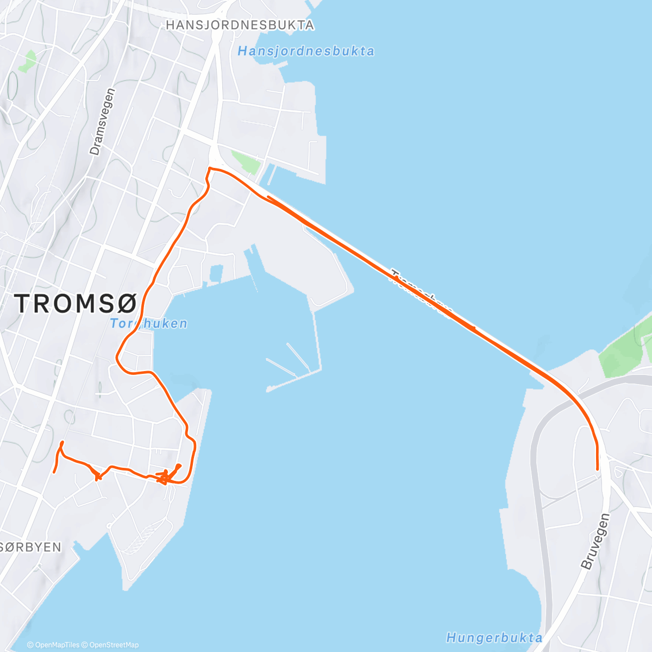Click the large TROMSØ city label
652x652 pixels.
[x=76, y=303]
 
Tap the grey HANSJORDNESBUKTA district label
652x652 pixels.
[x=240, y=25]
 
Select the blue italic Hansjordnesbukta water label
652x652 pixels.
[x=306, y=51]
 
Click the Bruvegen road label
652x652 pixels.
[x=595, y=541]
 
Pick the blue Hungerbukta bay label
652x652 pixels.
[x=494, y=637]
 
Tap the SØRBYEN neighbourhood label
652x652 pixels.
[x=31, y=547]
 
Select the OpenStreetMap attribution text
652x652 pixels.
[x=114, y=645]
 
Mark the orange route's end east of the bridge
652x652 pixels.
[x=598, y=469]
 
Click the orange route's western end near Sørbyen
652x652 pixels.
[x=54, y=472]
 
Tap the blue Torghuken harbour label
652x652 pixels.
[x=148, y=323]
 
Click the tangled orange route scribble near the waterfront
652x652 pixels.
[x=166, y=478]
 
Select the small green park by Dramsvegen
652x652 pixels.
[x=27, y=61]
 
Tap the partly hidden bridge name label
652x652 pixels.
[x=421, y=294]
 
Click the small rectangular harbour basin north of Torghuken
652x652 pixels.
[x=216, y=273]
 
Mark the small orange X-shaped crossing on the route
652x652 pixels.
[x=98, y=478]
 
